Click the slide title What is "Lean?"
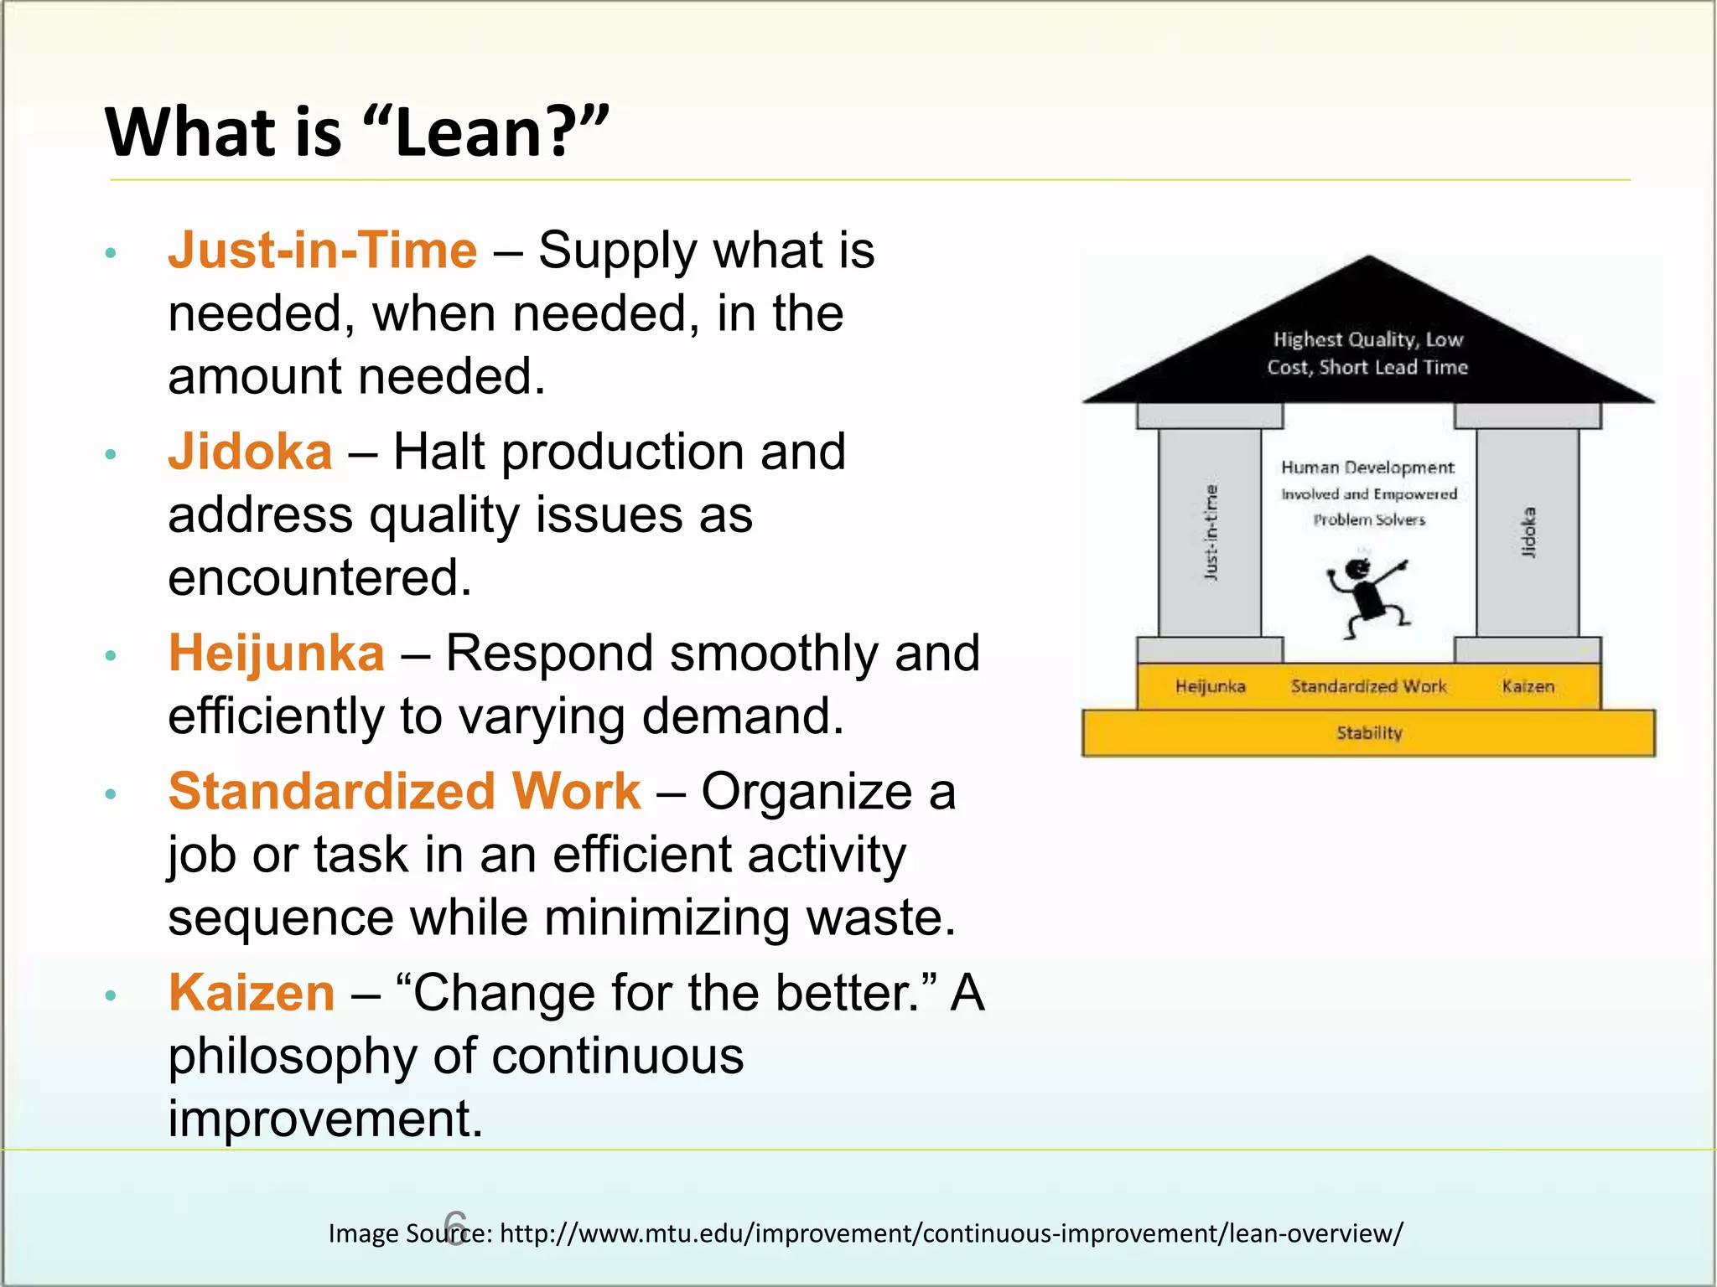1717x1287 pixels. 356,132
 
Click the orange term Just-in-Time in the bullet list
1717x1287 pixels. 323,251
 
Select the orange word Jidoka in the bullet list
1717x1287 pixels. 250,452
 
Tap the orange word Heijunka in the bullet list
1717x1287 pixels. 277,654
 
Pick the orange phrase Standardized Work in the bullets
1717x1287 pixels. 405,792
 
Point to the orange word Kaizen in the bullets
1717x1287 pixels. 252,994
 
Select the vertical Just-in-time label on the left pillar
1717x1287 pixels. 1211,532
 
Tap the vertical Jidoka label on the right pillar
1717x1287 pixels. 1528,532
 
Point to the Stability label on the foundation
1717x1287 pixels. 1369,733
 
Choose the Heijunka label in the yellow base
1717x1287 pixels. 1210,687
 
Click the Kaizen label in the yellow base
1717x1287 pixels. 1528,687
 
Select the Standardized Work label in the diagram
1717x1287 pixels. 1368,687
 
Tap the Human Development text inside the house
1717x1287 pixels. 1368,468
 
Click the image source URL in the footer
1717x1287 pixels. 951,1233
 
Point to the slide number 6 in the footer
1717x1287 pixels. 454,1228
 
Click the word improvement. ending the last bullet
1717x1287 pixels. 325,1119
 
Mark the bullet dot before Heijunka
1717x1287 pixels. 111,655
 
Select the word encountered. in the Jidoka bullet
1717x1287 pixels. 319,578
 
